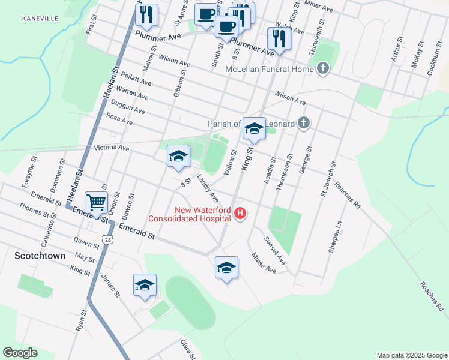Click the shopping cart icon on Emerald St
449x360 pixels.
coord(96,203)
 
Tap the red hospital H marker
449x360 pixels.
coord(241,213)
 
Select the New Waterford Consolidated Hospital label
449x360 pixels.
coord(202,214)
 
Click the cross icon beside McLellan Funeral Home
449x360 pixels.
coord(324,69)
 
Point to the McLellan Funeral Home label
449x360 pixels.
coord(270,70)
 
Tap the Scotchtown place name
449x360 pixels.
coord(40,255)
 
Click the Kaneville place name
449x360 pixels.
coord(40,19)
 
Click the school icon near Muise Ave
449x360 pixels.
coord(226,267)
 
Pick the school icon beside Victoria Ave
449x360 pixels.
coord(178,156)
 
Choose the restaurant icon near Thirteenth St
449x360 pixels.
coord(279,38)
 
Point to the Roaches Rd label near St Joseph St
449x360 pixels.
coord(348,195)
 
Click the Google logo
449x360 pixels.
coord(20,353)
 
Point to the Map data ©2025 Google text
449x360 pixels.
coord(411,355)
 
